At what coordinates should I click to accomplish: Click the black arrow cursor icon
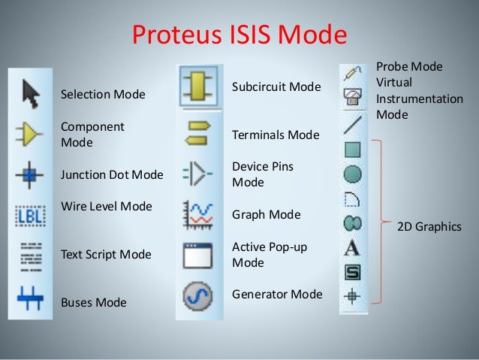(x=30, y=93)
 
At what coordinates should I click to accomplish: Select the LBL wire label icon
(x=30, y=216)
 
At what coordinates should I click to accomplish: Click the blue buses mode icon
(x=30, y=298)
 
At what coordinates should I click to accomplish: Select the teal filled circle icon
(x=352, y=174)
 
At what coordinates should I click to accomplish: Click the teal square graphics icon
(x=352, y=150)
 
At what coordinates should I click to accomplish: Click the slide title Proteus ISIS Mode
(x=239, y=35)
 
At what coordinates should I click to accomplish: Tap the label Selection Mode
(x=103, y=95)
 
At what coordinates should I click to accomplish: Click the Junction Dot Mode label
(x=112, y=175)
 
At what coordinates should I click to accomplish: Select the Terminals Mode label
(x=276, y=135)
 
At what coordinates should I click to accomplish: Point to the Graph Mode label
(x=266, y=215)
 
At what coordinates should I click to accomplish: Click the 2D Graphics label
(x=429, y=226)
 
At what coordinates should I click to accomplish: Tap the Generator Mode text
(x=277, y=294)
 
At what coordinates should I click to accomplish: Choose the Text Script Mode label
(x=106, y=255)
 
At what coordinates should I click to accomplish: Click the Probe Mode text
(x=409, y=67)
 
